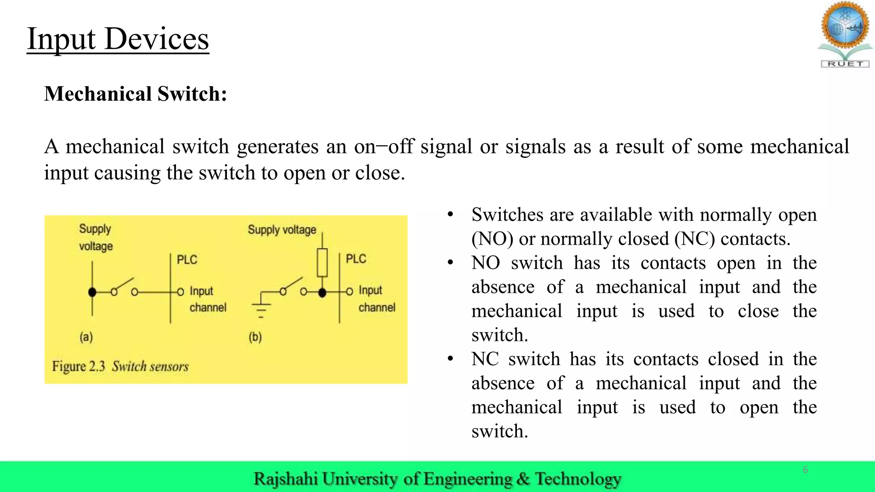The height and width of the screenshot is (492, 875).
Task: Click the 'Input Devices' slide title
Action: pyautogui.click(x=118, y=39)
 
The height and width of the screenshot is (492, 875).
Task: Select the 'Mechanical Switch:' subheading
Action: pyautogui.click(x=135, y=94)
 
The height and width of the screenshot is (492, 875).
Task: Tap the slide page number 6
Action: pyautogui.click(x=805, y=470)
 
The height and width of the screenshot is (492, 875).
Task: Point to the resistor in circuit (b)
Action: pyautogui.click(x=323, y=262)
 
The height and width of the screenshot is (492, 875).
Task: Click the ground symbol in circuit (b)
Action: pyautogui.click(x=261, y=310)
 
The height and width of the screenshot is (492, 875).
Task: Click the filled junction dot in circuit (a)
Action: pyautogui.click(x=92, y=292)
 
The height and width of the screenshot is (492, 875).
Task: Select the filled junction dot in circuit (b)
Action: pyautogui.click(x=323, y=293)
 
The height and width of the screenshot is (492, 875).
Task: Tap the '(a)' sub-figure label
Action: pyautogui.click(x=86, y=337)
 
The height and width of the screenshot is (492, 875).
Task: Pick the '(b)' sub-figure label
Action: pyautogui.click(x=255, y=337)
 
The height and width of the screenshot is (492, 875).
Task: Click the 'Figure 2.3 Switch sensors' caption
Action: pyautogui.click(x=120, y=366)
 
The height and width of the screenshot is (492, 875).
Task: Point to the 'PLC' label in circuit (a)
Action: pyautogui.click(x=187, y=260)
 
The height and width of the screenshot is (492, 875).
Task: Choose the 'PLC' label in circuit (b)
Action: pyautogui.click(x=356, y=259)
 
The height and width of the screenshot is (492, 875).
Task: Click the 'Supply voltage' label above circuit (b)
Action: pyautogui.click(x=282, y=230)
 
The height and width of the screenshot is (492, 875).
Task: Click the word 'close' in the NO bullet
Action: pyautogui.click(x=758, y=311)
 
